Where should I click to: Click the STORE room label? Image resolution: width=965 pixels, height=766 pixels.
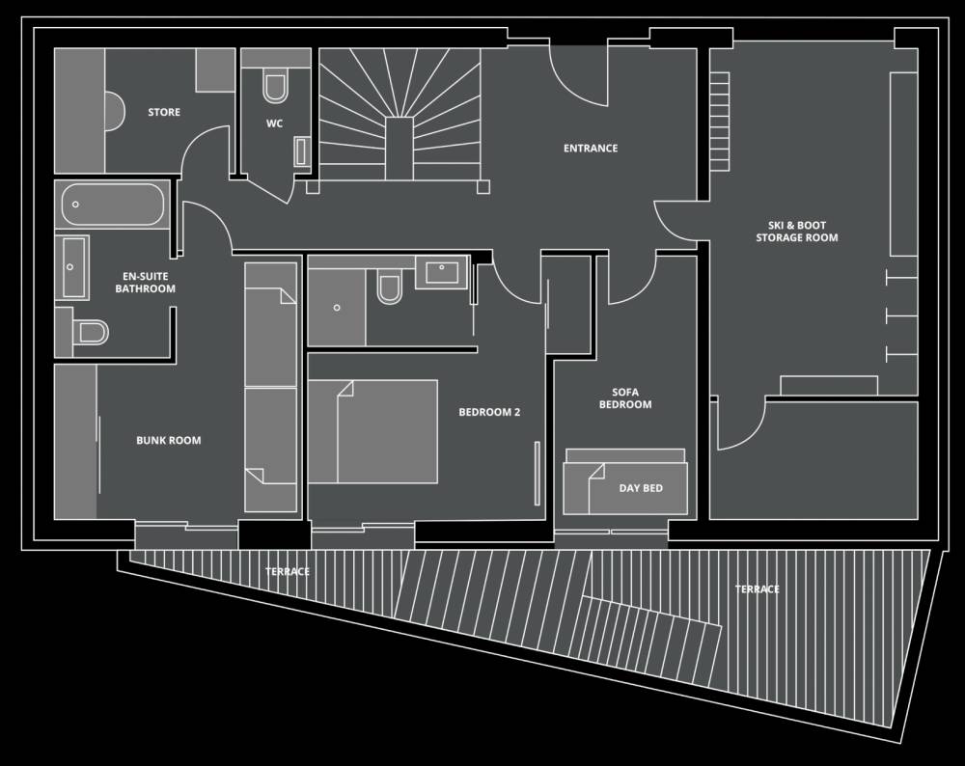[x=164, y=112]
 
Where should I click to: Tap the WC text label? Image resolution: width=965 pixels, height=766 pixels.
[x=274, y=123]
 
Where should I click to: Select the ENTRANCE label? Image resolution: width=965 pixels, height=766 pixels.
[x=591, y=148]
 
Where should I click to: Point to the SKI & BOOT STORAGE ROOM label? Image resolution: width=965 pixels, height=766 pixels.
[x=797, y=232]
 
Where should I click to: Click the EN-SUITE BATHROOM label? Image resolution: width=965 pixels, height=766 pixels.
[x=146, y=283]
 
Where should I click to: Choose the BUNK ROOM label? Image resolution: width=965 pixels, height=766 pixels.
[x=169, y=440]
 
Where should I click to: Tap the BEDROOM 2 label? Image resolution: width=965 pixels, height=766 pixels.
[x=489, y=412]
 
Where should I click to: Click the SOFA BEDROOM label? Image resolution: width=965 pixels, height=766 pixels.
[x=625, y=398]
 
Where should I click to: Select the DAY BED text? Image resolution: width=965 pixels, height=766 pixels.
[x=641, y=488]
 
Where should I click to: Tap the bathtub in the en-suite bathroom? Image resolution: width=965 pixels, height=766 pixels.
[x=113, y=205]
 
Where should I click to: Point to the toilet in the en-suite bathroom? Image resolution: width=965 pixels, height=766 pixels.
[x=90, y=333]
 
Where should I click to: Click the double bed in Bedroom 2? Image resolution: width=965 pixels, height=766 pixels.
[x=372, y=431]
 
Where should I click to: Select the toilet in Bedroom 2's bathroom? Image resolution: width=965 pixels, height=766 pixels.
[x=389, y=287]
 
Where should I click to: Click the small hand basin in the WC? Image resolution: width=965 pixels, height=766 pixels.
[x=301, y=151]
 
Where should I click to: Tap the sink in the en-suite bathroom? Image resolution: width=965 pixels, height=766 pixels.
[x=72, y=267]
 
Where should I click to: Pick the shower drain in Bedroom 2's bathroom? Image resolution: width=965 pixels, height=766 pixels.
[x=337, y=307]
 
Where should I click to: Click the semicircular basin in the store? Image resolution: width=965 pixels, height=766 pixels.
[x=116, y=111]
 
